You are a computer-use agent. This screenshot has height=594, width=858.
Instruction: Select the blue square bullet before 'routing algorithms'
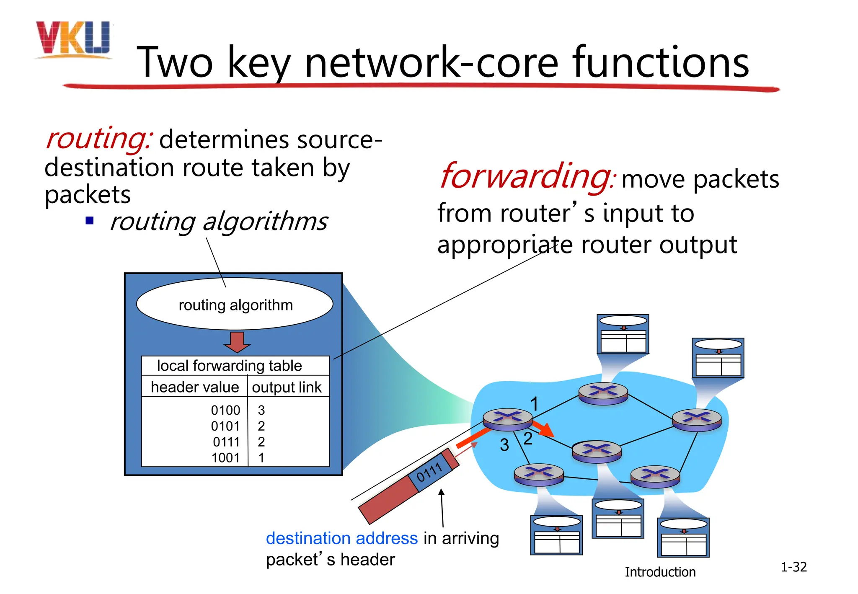89,220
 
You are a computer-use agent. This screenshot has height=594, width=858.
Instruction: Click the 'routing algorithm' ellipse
235,305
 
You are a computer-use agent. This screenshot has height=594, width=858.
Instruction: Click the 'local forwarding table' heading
229,366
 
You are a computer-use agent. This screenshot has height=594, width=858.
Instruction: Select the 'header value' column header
195,387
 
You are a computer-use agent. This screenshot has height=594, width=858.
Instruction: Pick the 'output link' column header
287,387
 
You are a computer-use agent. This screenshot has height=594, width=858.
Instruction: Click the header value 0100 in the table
225,410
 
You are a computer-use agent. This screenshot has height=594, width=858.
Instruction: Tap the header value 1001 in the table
225,457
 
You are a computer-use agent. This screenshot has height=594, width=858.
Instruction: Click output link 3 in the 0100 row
261,410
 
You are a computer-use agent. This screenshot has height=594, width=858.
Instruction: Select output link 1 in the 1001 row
261,457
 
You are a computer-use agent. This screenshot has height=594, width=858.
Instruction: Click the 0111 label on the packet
429,472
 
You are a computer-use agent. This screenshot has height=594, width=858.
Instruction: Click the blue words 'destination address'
341,538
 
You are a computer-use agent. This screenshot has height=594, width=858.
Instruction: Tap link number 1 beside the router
534,404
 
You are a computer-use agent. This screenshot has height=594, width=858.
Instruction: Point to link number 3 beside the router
504,445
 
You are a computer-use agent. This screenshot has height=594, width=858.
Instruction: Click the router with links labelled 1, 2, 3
507,418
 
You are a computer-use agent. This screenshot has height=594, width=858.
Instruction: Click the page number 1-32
793,567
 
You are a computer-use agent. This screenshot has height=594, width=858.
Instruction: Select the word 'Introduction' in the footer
660,572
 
